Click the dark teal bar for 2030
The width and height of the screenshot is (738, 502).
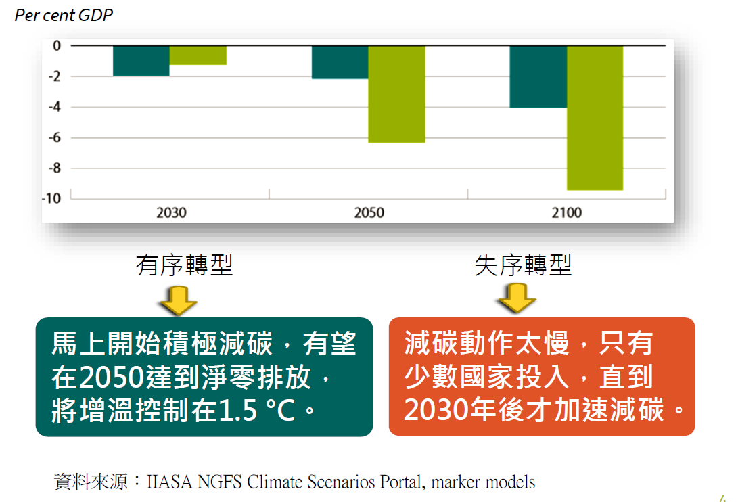coord(141,61)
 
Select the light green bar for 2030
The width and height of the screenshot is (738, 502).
coord(198,55)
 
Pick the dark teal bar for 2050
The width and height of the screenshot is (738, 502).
coord(340,62)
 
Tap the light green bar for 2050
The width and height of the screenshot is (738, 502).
coord(397,94)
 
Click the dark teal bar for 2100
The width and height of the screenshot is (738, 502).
coord(538,76)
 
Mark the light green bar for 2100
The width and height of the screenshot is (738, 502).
coord(595,118)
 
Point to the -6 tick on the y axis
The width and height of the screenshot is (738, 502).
coord(55,137)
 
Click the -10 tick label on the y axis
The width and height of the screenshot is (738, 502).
coord(52,198)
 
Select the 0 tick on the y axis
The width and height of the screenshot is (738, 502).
coord(57,46)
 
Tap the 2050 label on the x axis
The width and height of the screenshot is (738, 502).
coord(369,213)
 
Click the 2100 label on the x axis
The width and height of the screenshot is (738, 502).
coord(567,213)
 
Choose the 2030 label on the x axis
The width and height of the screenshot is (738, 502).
coord(171,213)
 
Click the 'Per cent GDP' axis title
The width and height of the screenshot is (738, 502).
coord(64,15)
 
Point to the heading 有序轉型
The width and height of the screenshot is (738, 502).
coord(185,265)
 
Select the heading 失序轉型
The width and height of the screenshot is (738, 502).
coord(523,265)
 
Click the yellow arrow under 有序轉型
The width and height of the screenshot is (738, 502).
coord(179,300)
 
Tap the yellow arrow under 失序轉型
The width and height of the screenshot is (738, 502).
coord(517,298)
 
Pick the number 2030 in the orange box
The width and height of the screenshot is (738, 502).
coord(436,410)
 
